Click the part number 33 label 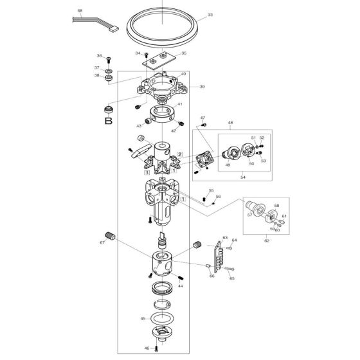pyautogui.click(x=210, y=15)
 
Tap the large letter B pyautogui.click(x=109, y=120)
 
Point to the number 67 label pyautogui.click(x=102, y=242)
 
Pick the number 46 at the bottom pyautogui.click(x=147, y=348)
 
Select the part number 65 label pyautogui.click(x=231, y=278)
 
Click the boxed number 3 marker pyautogui.click(x=147, y=173)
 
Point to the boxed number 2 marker pyautogui.click(x=181, y=154)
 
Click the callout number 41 pyautogui.click(x=180, y=104)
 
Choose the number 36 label pyautogui.click(x=100, y=56)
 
